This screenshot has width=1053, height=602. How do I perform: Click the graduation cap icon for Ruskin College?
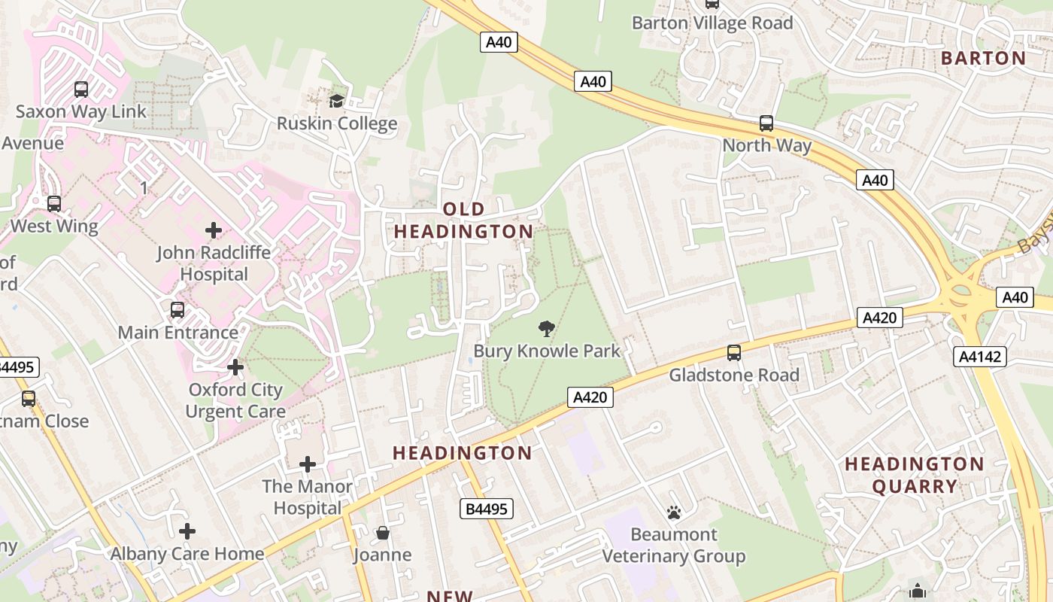[336, 101]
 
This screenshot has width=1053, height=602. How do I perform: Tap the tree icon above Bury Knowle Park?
[547, 328]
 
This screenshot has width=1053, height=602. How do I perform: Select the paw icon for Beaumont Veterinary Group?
[673, 512]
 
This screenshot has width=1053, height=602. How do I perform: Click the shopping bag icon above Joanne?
[383, 534]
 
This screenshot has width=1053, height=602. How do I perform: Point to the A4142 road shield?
[979, 356]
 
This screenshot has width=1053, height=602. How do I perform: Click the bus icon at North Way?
[766, 123]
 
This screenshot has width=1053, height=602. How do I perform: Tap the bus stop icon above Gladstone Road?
[733, 352]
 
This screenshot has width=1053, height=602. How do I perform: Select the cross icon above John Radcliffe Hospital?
[214, 230]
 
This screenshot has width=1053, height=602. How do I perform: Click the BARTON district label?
[983, 59]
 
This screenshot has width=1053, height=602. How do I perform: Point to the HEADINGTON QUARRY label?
[915, 475]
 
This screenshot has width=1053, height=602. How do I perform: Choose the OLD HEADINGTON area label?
[464, 220]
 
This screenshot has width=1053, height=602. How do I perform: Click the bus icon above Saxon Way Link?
[81, 90]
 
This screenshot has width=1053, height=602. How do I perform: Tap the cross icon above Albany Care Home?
[187, 531]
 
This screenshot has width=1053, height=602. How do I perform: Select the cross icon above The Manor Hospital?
[308, 464]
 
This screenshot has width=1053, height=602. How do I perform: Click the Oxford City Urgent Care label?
[235, 400]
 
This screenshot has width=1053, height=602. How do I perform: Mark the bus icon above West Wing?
[54, 204]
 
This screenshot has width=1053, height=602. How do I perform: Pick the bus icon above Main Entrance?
[178, 310]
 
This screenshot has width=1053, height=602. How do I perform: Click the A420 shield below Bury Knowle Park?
[590, 397]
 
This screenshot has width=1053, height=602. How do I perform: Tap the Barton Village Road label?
[712, 23]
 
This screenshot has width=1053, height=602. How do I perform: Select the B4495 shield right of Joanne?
[487, 509]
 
